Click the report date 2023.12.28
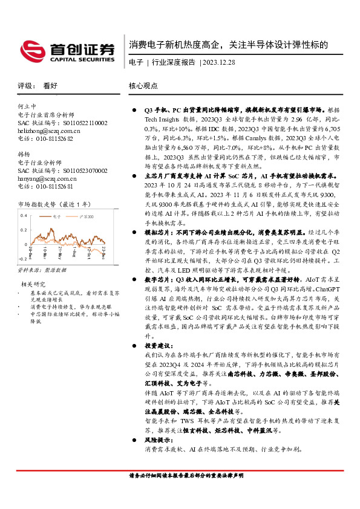point(220,62)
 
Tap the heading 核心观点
point(143,86)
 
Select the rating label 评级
point(25,86)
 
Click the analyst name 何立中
point(27,106)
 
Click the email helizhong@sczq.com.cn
point(45,131)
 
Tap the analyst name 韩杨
point(24,155)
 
